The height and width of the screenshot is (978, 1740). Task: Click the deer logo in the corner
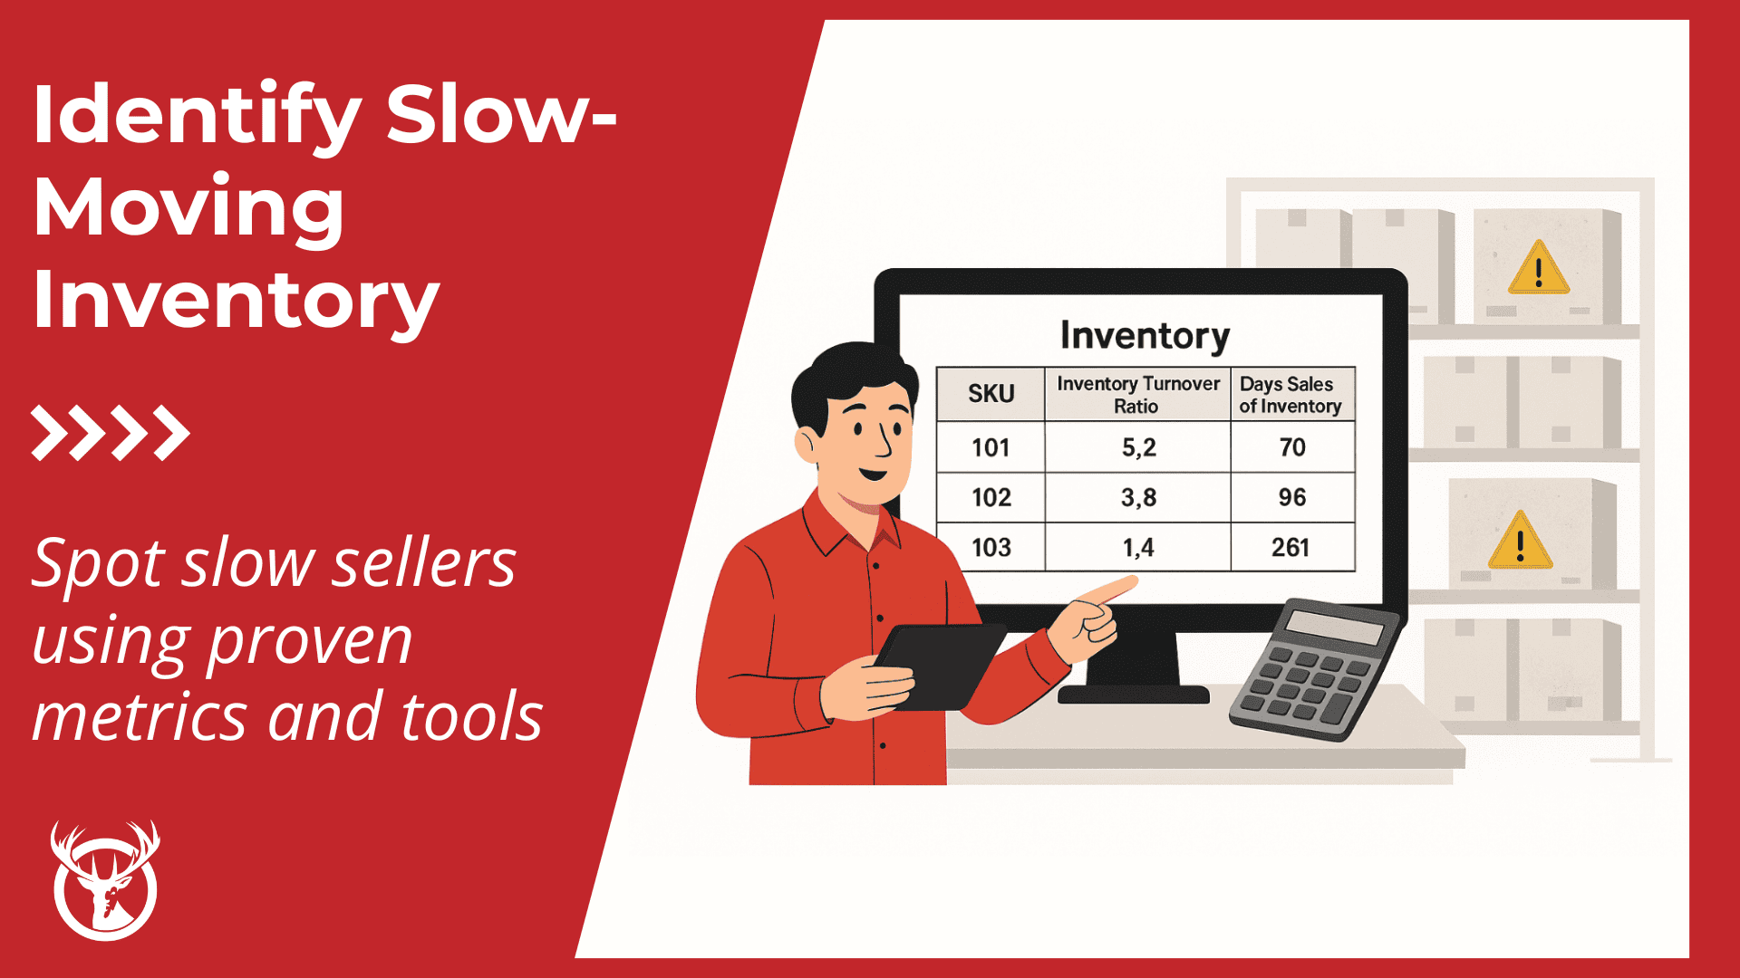pyautogui.click(x=105, y=881)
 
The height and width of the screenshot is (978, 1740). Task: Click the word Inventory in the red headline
pyautogui.click(x=236, y=301)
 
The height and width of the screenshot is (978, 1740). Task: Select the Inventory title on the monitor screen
pyautogui.click(x=1145, y=336)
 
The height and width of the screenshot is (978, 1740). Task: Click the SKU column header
pyautogui.click(x=991, y=394)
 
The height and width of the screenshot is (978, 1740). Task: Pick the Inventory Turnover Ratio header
pyautogui.click(x=1137, y=395)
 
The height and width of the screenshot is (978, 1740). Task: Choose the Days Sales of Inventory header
pyautogui.click(x=1290, y=395)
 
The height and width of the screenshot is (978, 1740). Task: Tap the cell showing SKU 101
pyautogui.click(x=991, y=447)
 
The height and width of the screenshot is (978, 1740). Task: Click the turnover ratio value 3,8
pyautogui.click(x=1138, y=497)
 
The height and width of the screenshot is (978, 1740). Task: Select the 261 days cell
pyautogui.click(x=1290, y=547)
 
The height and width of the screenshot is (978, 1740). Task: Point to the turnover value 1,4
pyautogui.click(x=1137, y=547)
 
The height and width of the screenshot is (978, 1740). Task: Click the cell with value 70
pyautogui.click(x=1291, y=447)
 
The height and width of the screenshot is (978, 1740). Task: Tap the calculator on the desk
pyautogui.click(x=1313, y=669)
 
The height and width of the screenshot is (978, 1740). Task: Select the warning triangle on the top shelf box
pyautogui.click(x=1538, y=268)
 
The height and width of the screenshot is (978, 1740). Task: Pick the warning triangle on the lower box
pyautogui.click(x=1520, y=541)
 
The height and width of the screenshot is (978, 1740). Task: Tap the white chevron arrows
pyautogui.click(x=111, y=433)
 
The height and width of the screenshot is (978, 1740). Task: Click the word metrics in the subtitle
pyautogui.click(x=140, y=716)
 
